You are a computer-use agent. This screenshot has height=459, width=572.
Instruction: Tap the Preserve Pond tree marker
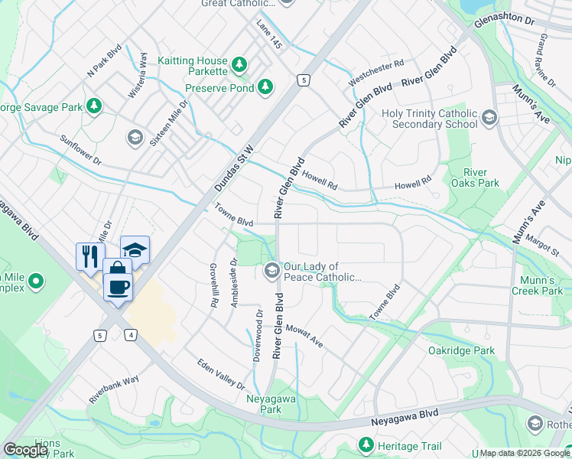pyautogui.click(x=265, y=86)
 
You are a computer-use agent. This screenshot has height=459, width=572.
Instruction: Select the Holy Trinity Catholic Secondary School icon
pyautogui.click(x=489, y=118)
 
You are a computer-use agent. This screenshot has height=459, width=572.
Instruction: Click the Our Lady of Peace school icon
pyautogui.click(x=271, y=270)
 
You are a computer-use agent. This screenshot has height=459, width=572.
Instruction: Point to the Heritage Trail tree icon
pyautogui.click(x=366, y=444)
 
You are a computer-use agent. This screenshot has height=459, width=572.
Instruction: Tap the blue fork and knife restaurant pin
pyautogui.click(x=89, y=255)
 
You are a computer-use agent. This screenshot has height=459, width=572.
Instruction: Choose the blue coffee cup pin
pyautogui.click(x=117, y=286)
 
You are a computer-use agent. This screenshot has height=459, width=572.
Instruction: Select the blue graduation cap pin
pyautogui.click(x=134, y=249)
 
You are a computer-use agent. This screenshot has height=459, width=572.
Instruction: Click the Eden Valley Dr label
pyautogui.click(x=220, y=374)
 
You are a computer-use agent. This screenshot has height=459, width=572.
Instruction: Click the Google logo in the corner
pyautogui.click(x=25, y=450)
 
